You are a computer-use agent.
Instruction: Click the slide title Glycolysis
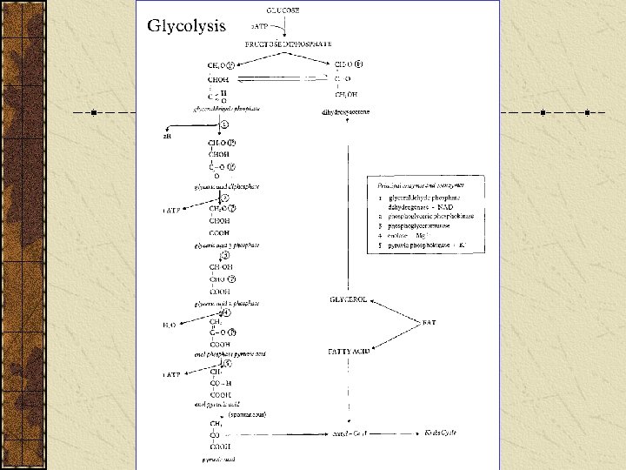[x=186, y=25]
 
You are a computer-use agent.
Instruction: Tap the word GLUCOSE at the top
[x=267, y=8]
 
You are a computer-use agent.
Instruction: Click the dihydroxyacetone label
[x=345, y=112]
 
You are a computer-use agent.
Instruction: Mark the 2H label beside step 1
[x=167, y=136]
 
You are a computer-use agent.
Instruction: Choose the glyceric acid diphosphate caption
[x=226, y=186]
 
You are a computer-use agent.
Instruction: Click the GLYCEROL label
[x=348, y=299]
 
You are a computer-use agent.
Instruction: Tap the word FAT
[x=429, y=323]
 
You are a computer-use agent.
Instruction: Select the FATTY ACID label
[x=349, y=352]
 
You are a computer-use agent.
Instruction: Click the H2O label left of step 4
[x=170, y=325]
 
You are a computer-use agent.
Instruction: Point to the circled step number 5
[x=227, y=364]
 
